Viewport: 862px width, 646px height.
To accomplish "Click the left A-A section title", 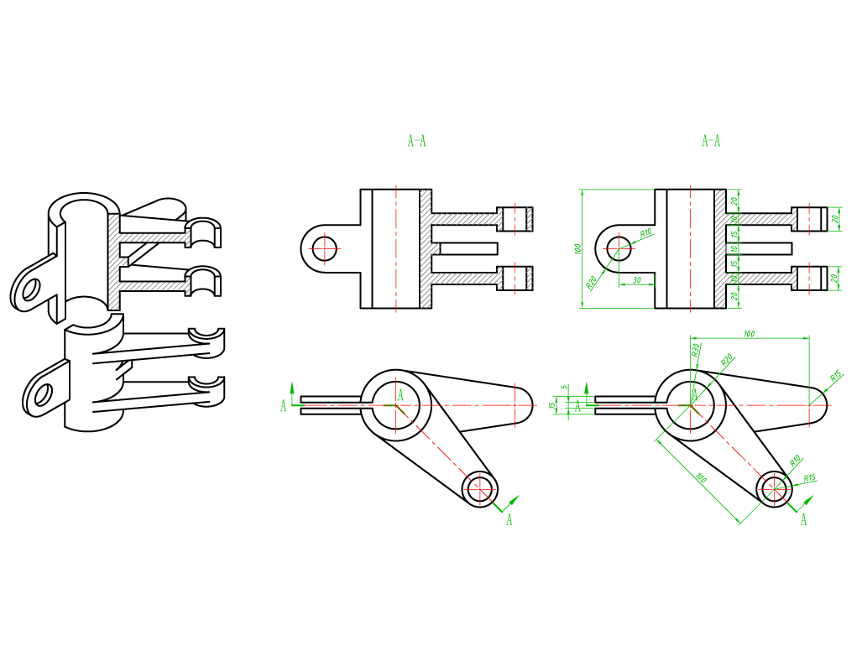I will click(x=416, y=141).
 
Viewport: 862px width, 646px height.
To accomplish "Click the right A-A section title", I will click(x=711, y=141).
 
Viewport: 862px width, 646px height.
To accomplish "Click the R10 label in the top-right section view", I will click(x=646, y=232).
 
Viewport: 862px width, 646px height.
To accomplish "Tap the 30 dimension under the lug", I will click(x=637, y=279).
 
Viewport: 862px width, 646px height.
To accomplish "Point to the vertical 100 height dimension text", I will click(x=577, y=249).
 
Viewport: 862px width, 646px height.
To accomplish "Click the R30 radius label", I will click(x=695, y=350).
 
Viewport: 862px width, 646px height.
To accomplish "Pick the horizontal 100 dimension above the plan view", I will click(x=749, y=334).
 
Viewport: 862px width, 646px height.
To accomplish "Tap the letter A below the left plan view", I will click(x=509, y=520).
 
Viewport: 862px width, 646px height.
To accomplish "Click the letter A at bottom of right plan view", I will click(x=803, y=520).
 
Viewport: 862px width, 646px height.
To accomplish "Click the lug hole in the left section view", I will click(x=323, y=248).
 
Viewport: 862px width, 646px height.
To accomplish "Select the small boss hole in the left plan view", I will click(x=481, y=487).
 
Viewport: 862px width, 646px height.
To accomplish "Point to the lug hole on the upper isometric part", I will click(x=31, y=289).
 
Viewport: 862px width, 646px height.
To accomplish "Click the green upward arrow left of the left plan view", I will click(x=292, y=388).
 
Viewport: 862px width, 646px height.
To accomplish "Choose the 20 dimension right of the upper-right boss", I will click(x=835, y=218).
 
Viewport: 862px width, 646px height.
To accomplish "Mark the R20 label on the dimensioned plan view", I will click(x=727, y=360).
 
